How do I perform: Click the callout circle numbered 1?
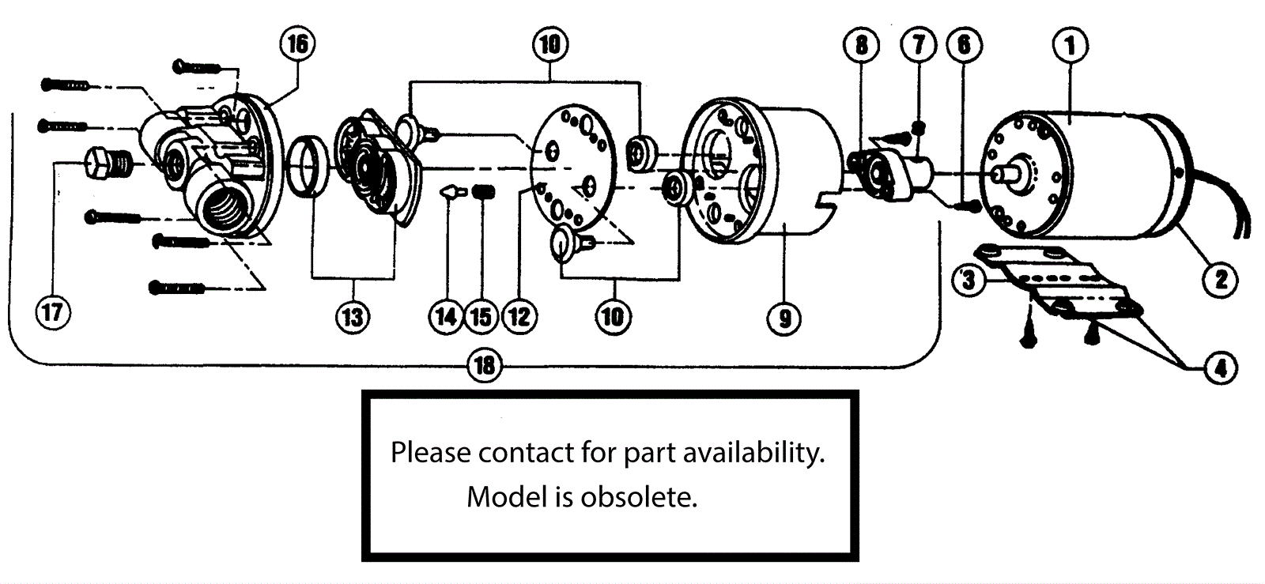click(1071, 45)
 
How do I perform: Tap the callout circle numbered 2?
click(1221, 278)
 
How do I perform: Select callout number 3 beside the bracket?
click(969, 279)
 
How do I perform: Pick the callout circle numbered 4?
click(1221, 367)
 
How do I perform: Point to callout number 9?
click(784, 318)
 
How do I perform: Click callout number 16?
click(297, 43)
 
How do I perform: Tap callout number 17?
click(53, 311)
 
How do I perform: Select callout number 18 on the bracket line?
click(485, 364)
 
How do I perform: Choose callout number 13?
click(353, 317)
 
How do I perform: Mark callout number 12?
click(519, 317)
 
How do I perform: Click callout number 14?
click(447, 317)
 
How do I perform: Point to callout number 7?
click(919, 44)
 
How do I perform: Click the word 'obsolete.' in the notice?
click(639, 496)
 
